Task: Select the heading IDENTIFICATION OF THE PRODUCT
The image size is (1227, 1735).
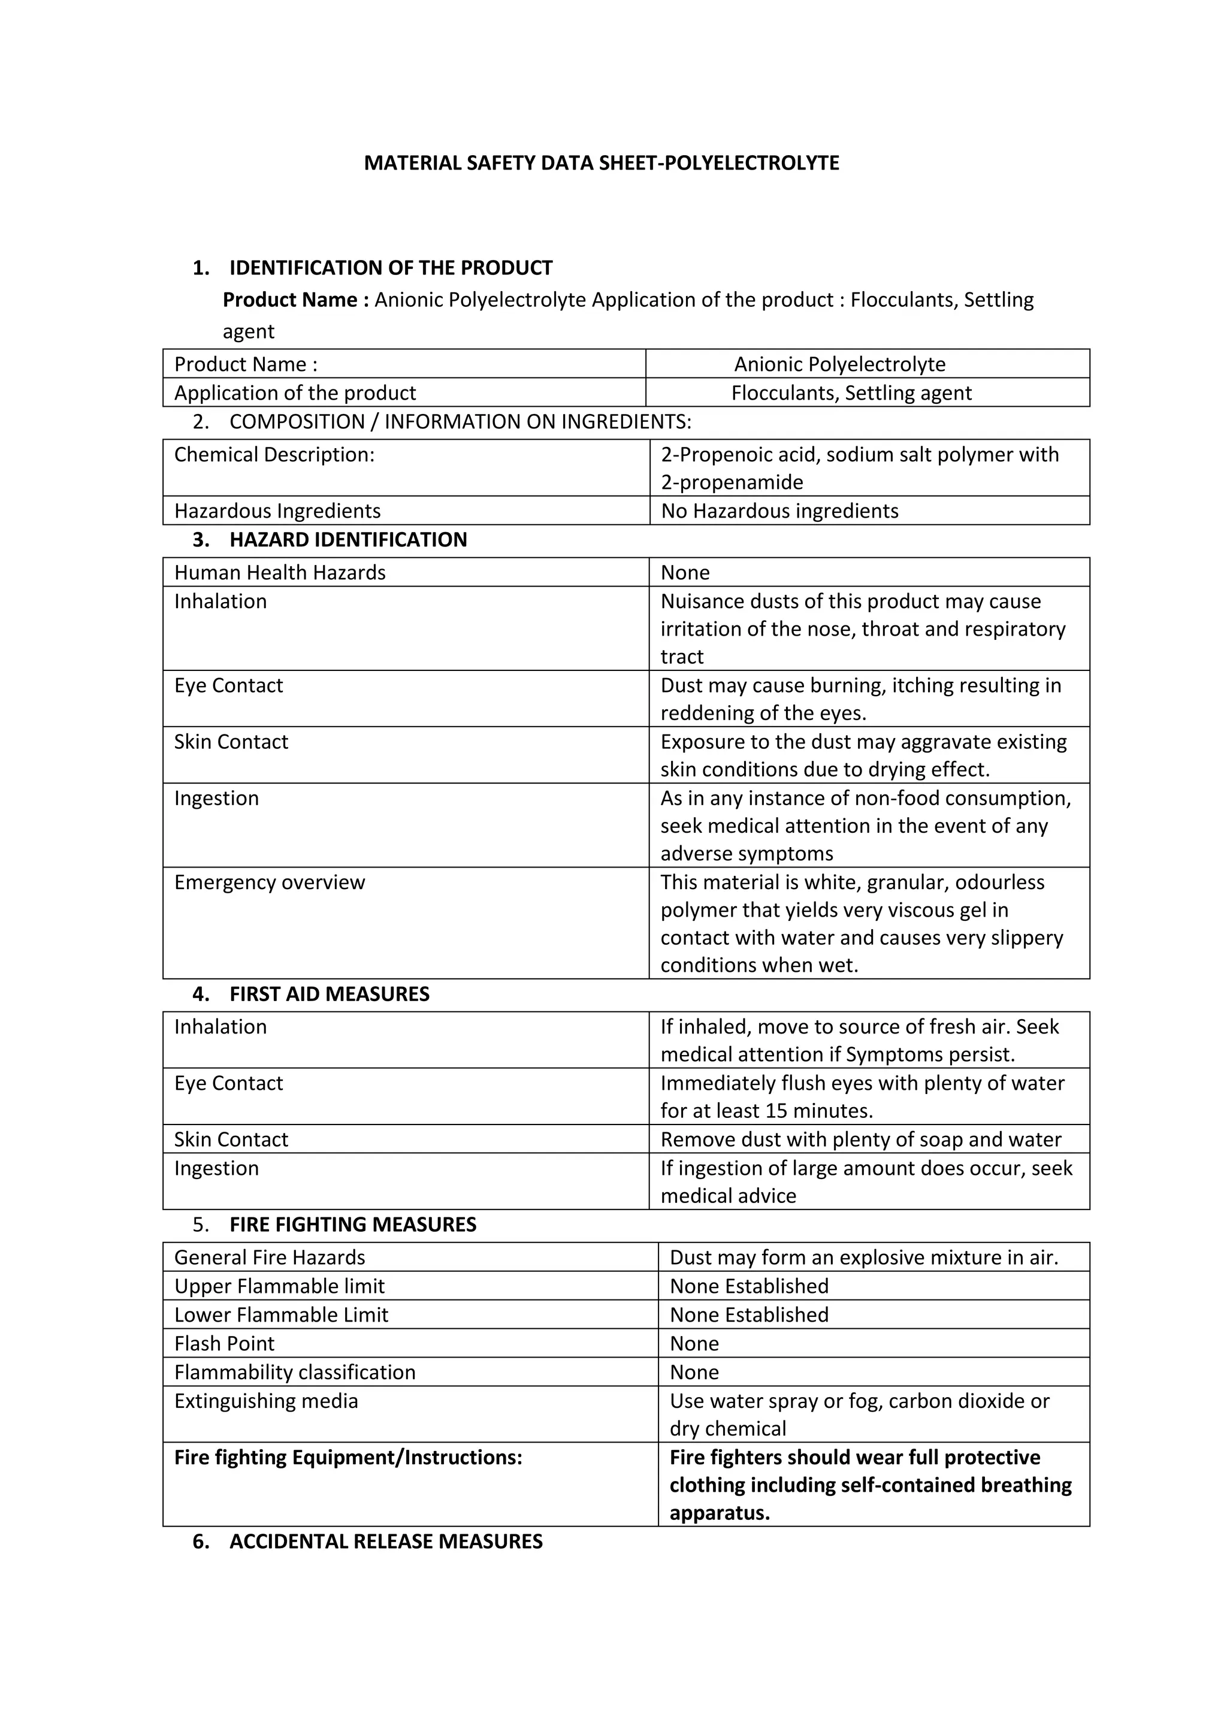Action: click(x=391, y=268)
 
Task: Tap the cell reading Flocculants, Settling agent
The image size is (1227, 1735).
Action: click(x=851, y=393)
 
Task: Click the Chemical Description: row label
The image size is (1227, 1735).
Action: click(x=274, y=455)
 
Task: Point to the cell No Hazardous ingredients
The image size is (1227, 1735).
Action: click(x=779, y=511)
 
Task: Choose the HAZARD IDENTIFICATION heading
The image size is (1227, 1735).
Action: click(x=347, y=540)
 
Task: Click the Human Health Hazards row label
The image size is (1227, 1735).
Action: click(x=280, y=573)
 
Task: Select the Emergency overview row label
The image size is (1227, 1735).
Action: click(x=269, y=882)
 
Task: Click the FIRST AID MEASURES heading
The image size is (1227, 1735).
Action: click(x=329, y=995)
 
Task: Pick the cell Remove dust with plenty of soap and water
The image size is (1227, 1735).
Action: click(x=860, y=1139)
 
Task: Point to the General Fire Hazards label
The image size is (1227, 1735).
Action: click(x=269, y=1258)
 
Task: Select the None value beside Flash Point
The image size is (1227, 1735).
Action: click(x=694, y=1344)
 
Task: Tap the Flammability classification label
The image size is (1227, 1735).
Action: click(x=295, y=1373)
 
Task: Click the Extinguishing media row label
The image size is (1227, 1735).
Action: click(x=266, y=1401)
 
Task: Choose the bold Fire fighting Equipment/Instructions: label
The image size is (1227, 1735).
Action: click(x=347, y=1458)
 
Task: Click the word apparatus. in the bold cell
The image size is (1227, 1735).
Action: click(x=720, y=1513)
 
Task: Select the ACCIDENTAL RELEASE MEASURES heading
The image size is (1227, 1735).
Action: click(x=385, y=1541)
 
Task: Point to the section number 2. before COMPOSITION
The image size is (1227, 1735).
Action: click(x=200, y=422)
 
